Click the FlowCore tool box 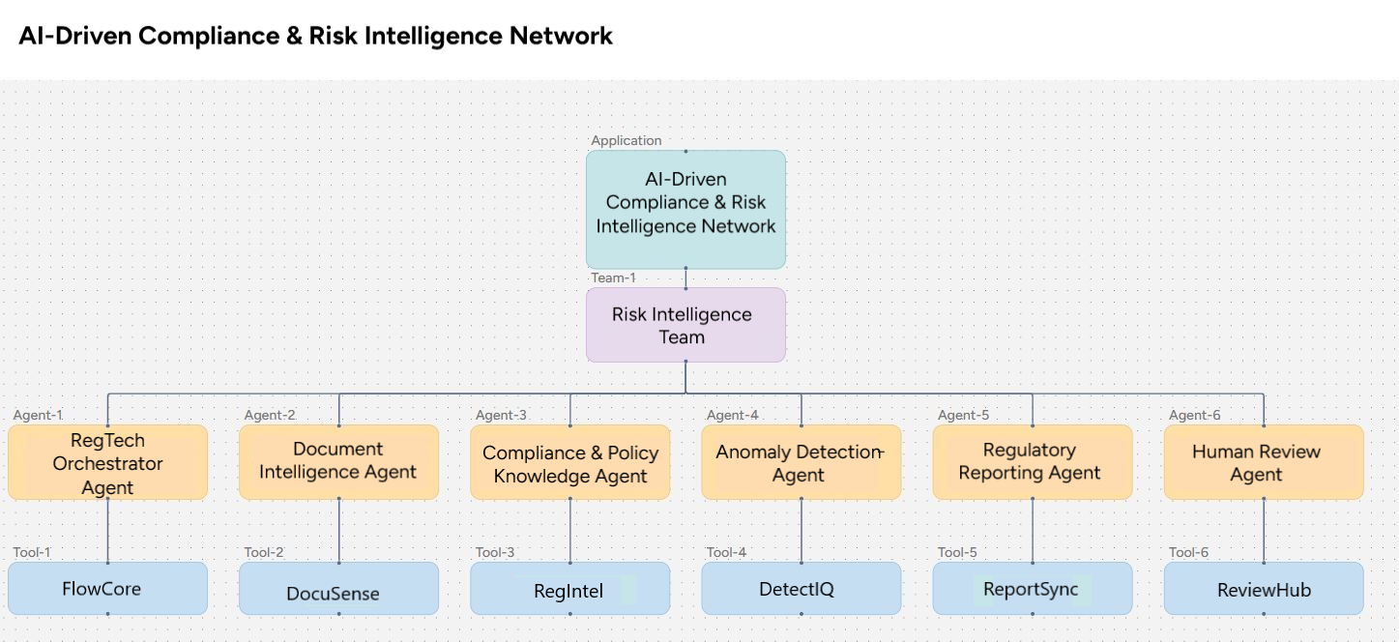(x=107, y=588)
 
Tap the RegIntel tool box (x=569, y=588)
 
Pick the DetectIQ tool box (x=801, y=588)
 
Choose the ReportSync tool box (x=1032, y=588)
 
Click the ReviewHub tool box (x=1264, y=588)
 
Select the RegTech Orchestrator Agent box (x=107, y=462)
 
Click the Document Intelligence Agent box (x=338, y=462)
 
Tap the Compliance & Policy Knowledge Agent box (x=569, y=462)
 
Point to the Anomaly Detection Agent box (x=801, y=462)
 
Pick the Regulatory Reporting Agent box (x=1032, y=462)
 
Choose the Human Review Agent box (x=1264, y=462)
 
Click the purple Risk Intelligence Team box (x=685, y=325)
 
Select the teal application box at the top (x=685, y=209)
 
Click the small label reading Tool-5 (x=957, y=553)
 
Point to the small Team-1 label (x=613, y=278)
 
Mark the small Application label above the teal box (x=627, y=141)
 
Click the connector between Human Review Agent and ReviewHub (x=1264, y=531)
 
